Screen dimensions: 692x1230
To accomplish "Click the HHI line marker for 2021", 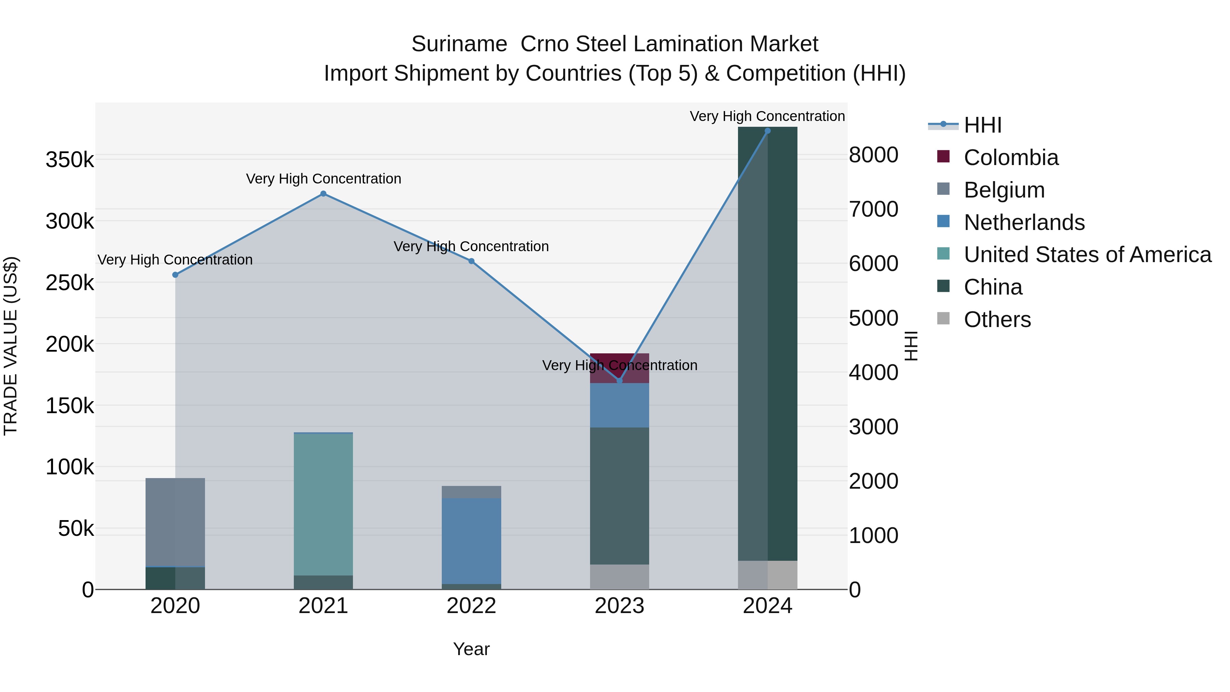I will (323, 194).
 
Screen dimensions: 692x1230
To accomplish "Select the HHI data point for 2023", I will (620, 381).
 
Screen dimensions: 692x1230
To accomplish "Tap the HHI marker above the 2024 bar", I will (767, 131).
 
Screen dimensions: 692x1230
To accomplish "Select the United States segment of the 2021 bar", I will (323, 504).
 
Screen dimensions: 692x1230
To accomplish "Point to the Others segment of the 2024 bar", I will (767, 575).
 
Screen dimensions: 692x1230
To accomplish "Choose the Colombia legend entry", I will (1010, 158).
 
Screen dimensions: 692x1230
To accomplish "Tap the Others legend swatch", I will (943, 318).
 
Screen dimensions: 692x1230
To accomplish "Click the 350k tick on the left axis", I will (70, 160).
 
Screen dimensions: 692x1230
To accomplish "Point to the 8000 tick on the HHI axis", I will (873, 155).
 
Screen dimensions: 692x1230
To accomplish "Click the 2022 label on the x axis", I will (471, 606).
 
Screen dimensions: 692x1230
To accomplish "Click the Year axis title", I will (471, 649).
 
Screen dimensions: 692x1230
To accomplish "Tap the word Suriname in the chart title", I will (459, 44).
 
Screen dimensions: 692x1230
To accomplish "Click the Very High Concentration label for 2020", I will (175, 260).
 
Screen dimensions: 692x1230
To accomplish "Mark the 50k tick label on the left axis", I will (76, 529).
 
